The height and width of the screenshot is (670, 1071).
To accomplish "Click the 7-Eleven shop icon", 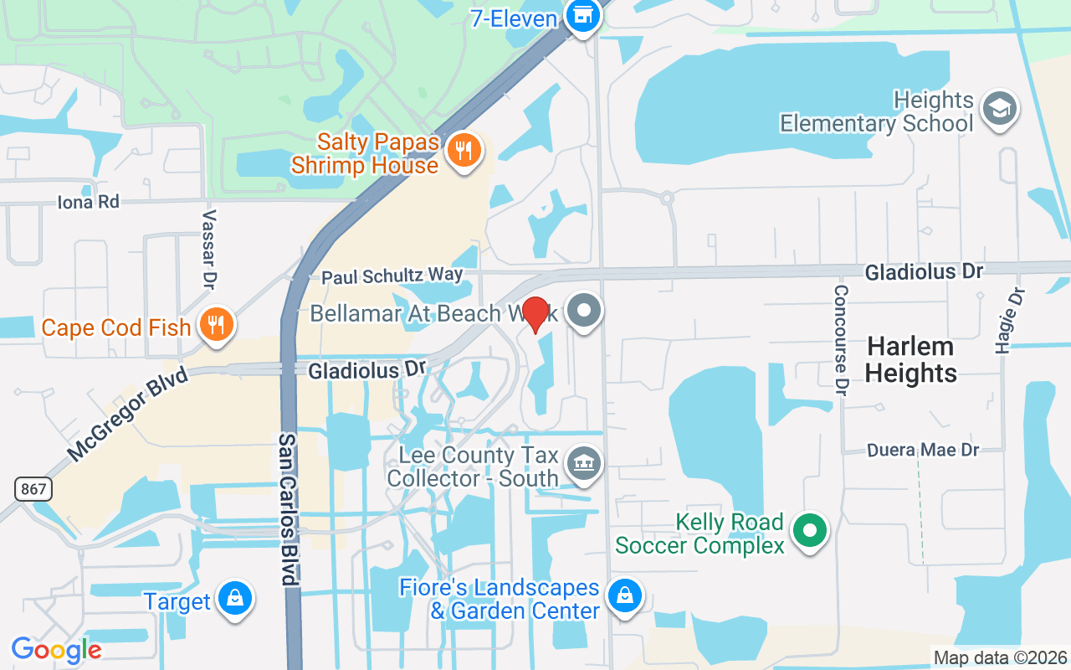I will click(583, 15).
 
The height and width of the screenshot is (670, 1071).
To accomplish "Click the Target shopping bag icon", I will click(235, 599).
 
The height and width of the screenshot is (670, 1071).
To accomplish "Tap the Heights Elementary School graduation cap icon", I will click(999, 109).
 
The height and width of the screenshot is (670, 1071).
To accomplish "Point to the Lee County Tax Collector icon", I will click(583, 463).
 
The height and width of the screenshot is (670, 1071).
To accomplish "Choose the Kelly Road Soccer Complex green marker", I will click(809, 531).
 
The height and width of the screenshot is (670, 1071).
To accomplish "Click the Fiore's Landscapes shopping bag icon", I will click(624, 596).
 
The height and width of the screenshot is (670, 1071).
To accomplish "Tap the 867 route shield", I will click(33, 488).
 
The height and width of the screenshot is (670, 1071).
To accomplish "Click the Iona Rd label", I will click(88, 202).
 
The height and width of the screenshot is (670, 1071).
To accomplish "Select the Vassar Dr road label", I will click(209, 247).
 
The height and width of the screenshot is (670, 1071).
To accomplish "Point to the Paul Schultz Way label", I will click(392, 276).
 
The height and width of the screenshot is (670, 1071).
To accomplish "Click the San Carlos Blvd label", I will click(288, 509).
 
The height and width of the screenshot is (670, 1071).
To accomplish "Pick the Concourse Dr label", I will click(840, 339).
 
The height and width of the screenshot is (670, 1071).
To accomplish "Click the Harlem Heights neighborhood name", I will click(911, 359).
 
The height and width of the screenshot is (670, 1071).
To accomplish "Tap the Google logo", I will click(56, 650).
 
